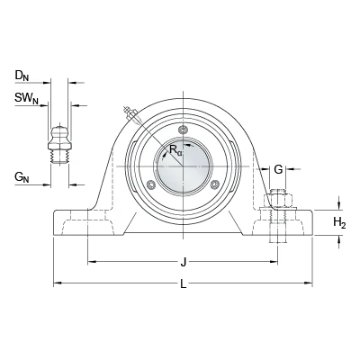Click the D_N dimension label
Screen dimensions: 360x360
22,76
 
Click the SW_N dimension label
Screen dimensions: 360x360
27,98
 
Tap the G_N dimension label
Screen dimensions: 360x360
22,177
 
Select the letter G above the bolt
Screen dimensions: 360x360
278,169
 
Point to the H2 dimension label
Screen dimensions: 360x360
339,222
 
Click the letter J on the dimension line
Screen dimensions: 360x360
184,263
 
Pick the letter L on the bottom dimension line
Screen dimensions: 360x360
184,283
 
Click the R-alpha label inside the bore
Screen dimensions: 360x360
175,149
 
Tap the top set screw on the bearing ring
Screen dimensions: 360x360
183,130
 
